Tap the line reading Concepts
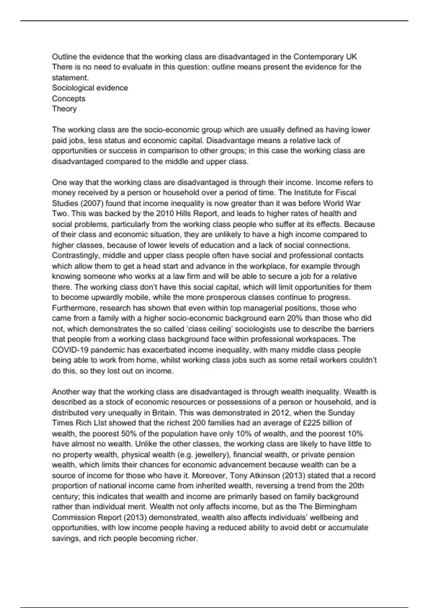tap(69, 98)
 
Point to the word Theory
tap(64, 109)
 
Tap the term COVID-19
tap(69, 350)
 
